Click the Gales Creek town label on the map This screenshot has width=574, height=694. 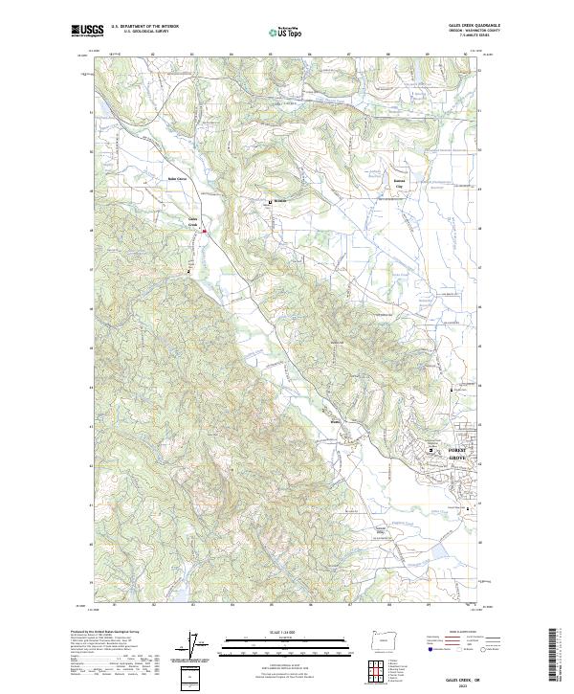point(192,221)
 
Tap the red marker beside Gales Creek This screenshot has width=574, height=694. point(204,230)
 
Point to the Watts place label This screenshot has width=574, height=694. point(335,418)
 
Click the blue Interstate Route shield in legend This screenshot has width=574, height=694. point(420,649)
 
